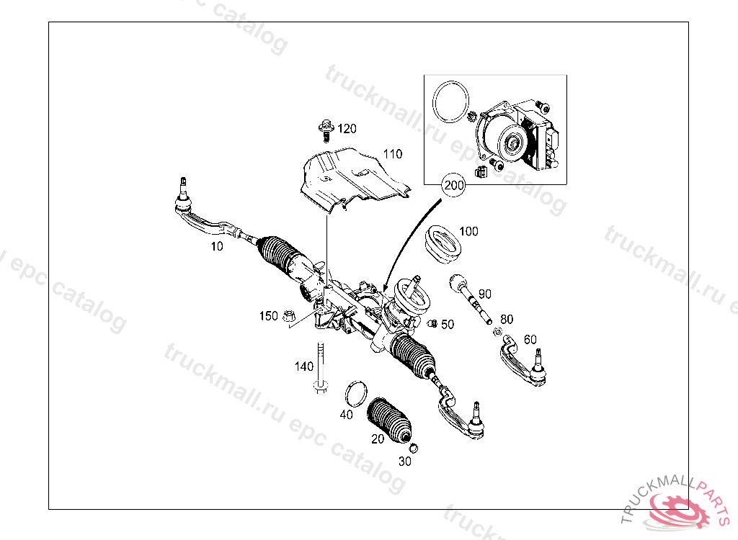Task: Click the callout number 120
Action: tap(347, 128)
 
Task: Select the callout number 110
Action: tap(393, 154)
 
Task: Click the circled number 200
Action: tap(454, 185)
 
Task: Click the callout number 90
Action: tap(485, 294)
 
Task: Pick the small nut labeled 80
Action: tap(497, 332)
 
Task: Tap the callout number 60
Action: tap(530, 339)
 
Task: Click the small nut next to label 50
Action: tap(432, 323)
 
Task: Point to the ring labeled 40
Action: tap(356, 394)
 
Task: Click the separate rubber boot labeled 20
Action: tap(389, 420)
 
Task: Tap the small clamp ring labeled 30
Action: tap(414, 449)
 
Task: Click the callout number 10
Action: tap(216, 246)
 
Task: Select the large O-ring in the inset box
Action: tap(451, 102)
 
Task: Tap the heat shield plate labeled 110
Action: tap(355, 179)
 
